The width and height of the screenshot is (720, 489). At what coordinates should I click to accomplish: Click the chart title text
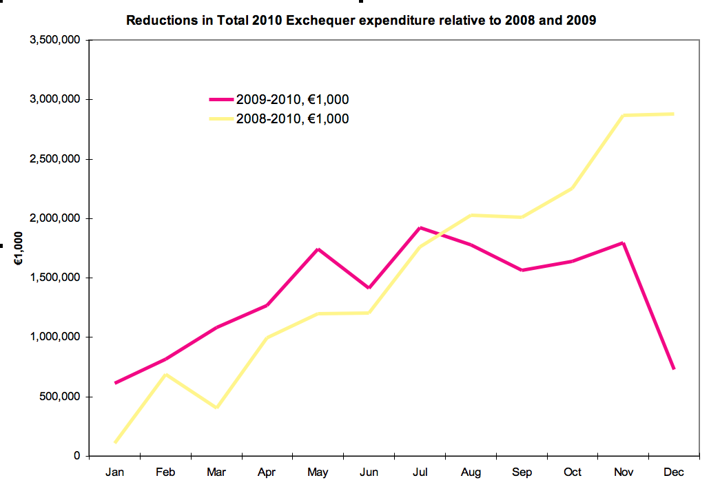[x=361, y=20]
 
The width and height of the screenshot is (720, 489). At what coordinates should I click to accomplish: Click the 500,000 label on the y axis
[x=61, y=397]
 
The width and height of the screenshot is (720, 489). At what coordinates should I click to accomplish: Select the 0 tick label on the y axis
[x=77, y=456]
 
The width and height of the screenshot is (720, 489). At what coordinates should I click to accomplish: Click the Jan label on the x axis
[x=114, y=472]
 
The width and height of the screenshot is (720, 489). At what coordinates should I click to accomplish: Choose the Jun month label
[x=369, y=472]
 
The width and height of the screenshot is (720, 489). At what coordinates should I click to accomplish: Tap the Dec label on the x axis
[x=674, y=472]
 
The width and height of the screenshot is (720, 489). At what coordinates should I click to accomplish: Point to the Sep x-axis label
[x=522, y=472]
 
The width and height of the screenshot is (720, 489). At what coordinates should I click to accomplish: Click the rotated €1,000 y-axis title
[x=19, y=248]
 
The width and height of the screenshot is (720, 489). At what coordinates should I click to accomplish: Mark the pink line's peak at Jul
[x=420, y=227]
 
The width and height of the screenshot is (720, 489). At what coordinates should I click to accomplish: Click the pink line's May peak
[x=318, y=249]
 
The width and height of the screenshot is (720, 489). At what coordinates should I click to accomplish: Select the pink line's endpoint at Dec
[x=673, y=369]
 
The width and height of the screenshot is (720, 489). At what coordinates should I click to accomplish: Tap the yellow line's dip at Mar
[x=216, y=408]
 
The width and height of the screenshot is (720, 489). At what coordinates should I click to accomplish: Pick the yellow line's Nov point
[x=623, y=115]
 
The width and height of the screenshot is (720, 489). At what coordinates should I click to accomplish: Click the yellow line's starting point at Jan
[x=115, y=442]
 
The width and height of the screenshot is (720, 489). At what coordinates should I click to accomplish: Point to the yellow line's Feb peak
[x=166, y=374]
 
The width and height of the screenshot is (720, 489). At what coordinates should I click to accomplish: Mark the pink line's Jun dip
[x=369, y=288]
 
